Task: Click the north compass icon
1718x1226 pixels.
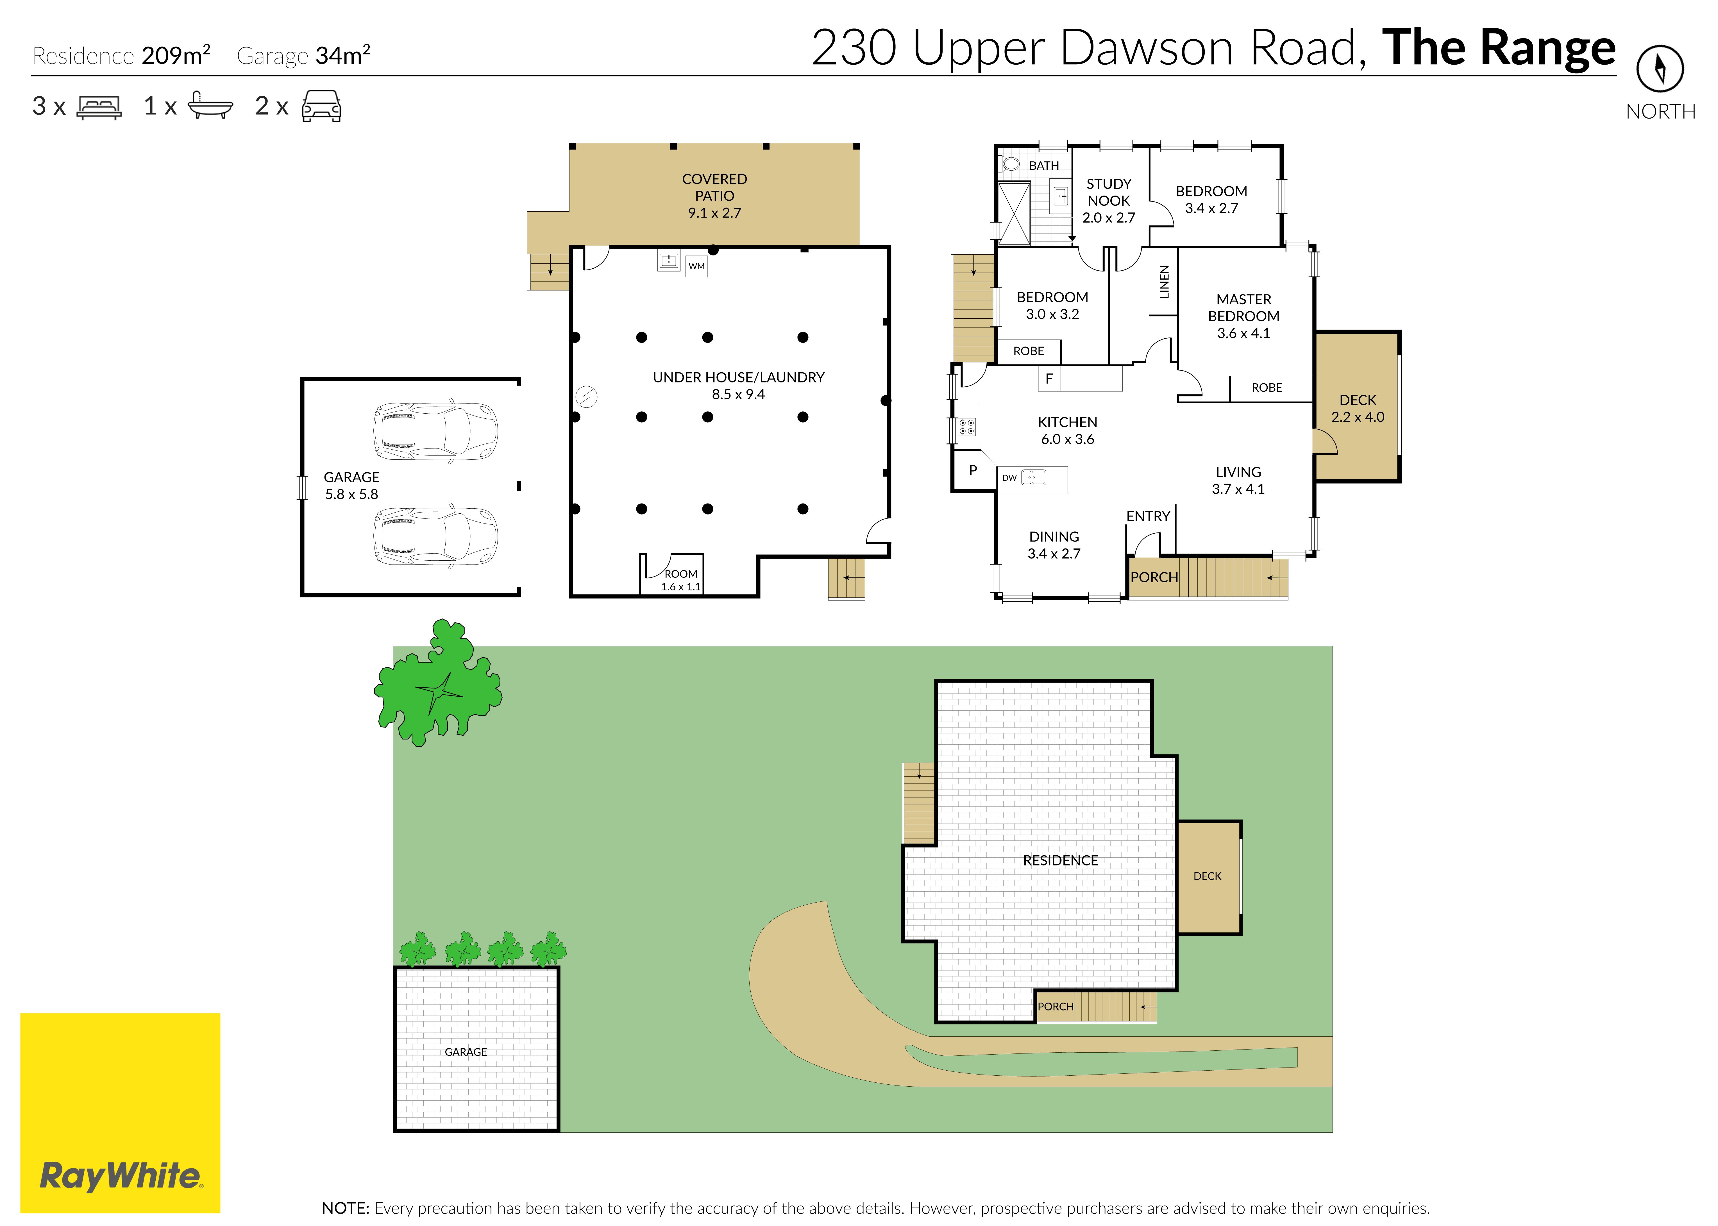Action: tap(1660, 69)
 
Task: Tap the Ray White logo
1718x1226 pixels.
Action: tap(120, 1113)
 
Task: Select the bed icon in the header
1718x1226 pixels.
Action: tap(99, 106)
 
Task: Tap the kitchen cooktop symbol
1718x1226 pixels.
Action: tap(966, 427)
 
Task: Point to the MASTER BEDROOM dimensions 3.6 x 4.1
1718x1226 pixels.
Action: tap(1243, 333)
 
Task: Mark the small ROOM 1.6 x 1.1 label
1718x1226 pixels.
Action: tap(681, 580)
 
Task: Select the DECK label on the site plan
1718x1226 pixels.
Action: tap(1207, 876)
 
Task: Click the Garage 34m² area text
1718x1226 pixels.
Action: tap(303, 55)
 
